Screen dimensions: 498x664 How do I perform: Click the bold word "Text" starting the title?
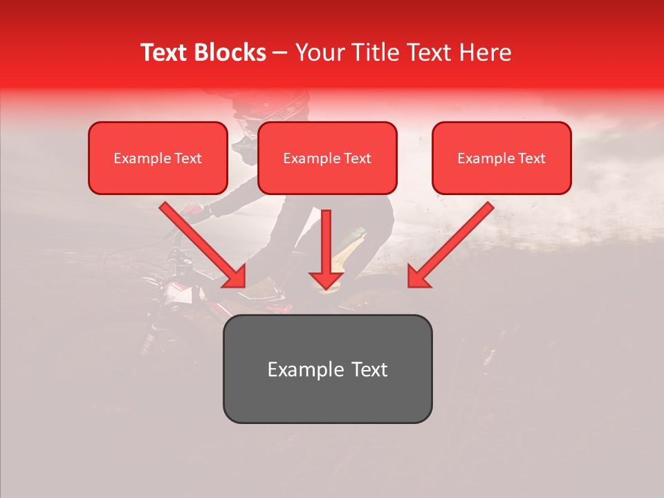point(167,53)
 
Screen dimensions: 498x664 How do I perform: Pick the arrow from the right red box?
point(450,246)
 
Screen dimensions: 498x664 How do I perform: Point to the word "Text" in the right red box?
point(532,158)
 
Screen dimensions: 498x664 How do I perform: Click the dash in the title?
point(280,53)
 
